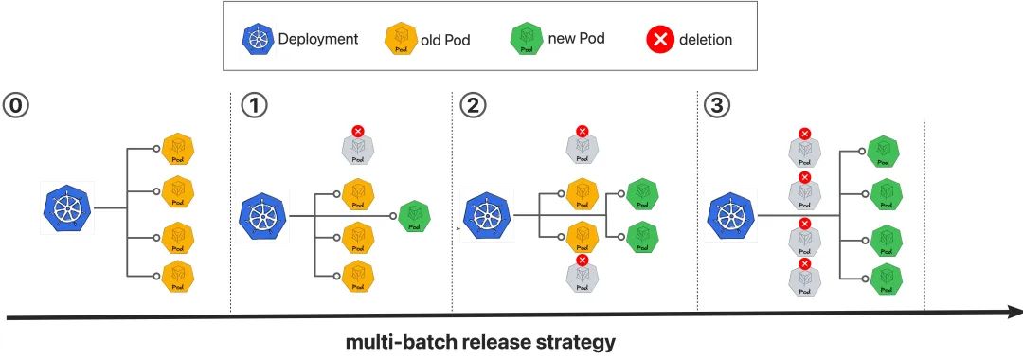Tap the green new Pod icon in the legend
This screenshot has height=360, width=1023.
pyautogui.click(x=527, y=40)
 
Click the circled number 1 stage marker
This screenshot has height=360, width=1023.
pyautogui.click(x=254, y=106)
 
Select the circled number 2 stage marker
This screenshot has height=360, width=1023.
pyautogui.click(x=473, y=106)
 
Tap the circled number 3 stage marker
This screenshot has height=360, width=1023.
pyautogui.click(x=717, y=106)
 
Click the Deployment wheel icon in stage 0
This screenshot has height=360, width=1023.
pyautogui.click(x=68, y=208)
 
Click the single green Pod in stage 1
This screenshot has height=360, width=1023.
pyautogui.click(x=414, y=216)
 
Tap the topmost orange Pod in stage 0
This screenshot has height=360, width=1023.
pyautogui.click(x=179, y=150)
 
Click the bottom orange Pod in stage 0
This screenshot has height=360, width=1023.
pyautogui.click(x=179, y=277)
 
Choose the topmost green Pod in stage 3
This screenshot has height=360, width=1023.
pyautogui.click(x=884, y=152)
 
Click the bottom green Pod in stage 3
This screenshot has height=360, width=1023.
pyautogui.click(x=884, y=279)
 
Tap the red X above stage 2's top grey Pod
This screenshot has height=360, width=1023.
pyautogui.click(x=583, y=131)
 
